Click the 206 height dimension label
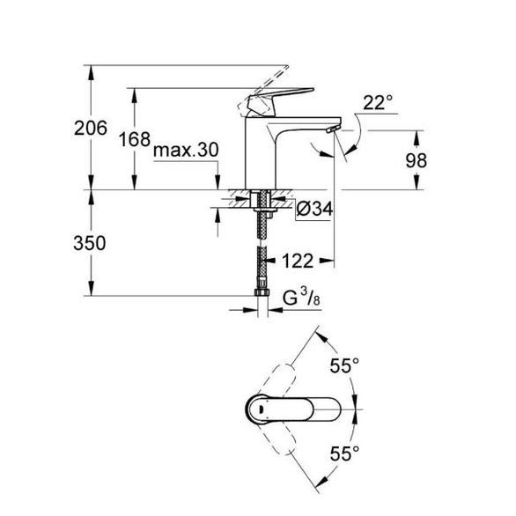coord(91,128)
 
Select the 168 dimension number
coord(135,139)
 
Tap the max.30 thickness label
coord(186,151)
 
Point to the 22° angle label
coord(378,103)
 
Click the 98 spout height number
coord(416,160)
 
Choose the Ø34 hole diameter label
coord(314,209)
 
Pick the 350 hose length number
coord(90,243)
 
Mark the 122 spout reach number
coord(298,261)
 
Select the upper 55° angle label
coord(344,365)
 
